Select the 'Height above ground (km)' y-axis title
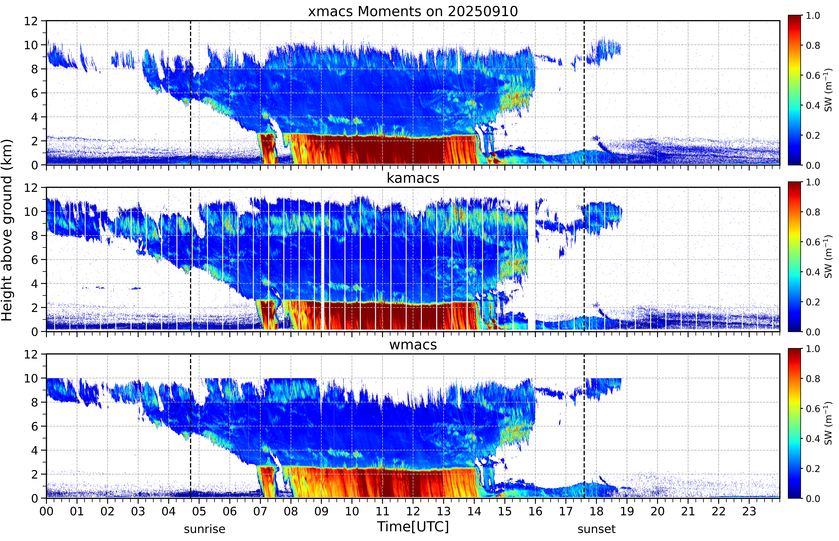[7, 230]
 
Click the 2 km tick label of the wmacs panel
[34, 474]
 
